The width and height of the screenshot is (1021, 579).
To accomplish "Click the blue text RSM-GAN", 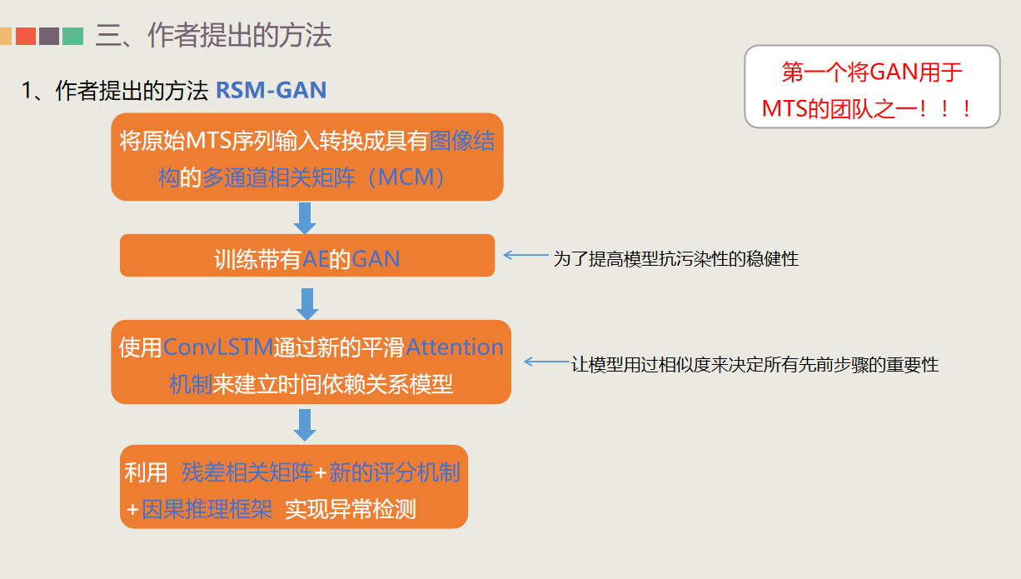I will point(271,90).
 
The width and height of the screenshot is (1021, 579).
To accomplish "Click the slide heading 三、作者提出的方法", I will point(213,35).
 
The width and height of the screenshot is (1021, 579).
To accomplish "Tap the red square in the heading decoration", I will point(26,36).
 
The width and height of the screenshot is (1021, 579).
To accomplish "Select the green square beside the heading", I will point(72,36).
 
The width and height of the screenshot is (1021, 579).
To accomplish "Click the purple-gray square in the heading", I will point(49,36).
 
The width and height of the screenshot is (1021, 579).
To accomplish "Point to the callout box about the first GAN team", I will point(871,87).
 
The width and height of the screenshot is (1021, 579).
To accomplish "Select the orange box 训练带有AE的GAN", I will point(307,256).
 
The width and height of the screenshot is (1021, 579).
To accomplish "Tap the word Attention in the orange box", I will point(455,347).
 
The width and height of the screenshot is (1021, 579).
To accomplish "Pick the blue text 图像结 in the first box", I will point(461,140).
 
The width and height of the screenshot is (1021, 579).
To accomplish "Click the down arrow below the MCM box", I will point(305,217).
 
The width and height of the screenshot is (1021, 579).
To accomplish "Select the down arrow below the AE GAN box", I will point(307,303).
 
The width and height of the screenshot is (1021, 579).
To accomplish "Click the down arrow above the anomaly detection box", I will point(305,424).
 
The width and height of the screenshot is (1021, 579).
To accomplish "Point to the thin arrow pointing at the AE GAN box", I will point(525,256).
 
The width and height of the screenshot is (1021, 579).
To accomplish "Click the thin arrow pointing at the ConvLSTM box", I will point(546,362).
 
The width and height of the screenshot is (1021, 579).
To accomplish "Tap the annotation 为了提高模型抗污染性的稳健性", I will point(675,259).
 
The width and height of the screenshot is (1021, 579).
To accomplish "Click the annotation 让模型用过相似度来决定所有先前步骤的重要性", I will point(755,365).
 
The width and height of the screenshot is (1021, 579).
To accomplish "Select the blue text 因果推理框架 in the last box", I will point(207,509).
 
